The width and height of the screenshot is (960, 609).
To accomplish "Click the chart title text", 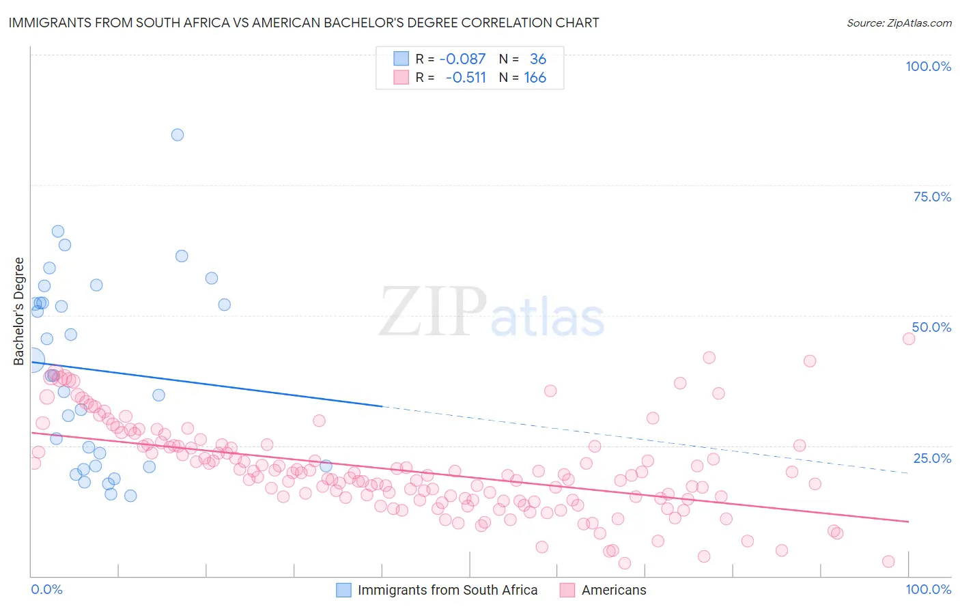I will (304, 23).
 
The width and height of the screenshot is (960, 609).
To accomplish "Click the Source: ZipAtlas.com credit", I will (899, 23).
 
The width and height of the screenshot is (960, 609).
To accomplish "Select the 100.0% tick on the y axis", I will (928, 66).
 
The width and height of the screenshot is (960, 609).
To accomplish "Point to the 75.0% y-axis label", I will (932, 197).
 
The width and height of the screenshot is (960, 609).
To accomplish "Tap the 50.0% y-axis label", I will (931, 327).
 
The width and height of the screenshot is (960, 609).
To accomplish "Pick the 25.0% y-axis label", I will (932, 458).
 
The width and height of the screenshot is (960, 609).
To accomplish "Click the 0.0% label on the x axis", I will (46, 589).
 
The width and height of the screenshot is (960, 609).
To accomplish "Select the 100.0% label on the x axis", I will (928, 589).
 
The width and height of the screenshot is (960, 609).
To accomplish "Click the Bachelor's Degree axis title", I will (19, 311).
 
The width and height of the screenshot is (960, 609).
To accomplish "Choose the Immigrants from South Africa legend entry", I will (447, 590).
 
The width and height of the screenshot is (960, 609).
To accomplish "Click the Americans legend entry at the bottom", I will (613, 590).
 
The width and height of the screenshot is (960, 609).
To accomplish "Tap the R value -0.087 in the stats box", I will (462, 59).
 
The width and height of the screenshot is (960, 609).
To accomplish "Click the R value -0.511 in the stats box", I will (466, 78).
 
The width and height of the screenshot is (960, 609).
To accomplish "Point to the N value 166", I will (535, 78).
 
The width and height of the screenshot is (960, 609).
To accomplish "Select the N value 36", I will (538, 59).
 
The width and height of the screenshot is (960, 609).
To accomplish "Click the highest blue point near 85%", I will (178, 135).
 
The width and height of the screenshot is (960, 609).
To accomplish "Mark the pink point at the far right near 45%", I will (908, 339).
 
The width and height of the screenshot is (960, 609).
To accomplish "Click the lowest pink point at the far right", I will (888, 561).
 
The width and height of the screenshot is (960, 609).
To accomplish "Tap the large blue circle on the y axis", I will (32, 360).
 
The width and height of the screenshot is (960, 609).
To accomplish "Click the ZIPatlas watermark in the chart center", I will (492, 313).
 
